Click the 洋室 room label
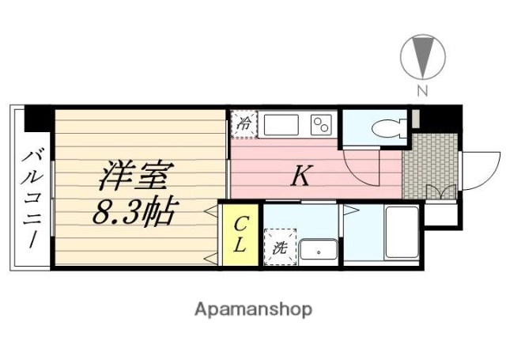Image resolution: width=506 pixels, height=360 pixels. click(131, 176)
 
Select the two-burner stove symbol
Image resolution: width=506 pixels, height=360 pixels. click(321, 125)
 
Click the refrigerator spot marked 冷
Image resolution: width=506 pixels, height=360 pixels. click(244, 123)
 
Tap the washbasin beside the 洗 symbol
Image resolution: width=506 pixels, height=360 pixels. click(318, 252)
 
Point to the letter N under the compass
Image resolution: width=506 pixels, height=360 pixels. click(422, 91)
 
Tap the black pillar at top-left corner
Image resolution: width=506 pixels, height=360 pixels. click(39, 119)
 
